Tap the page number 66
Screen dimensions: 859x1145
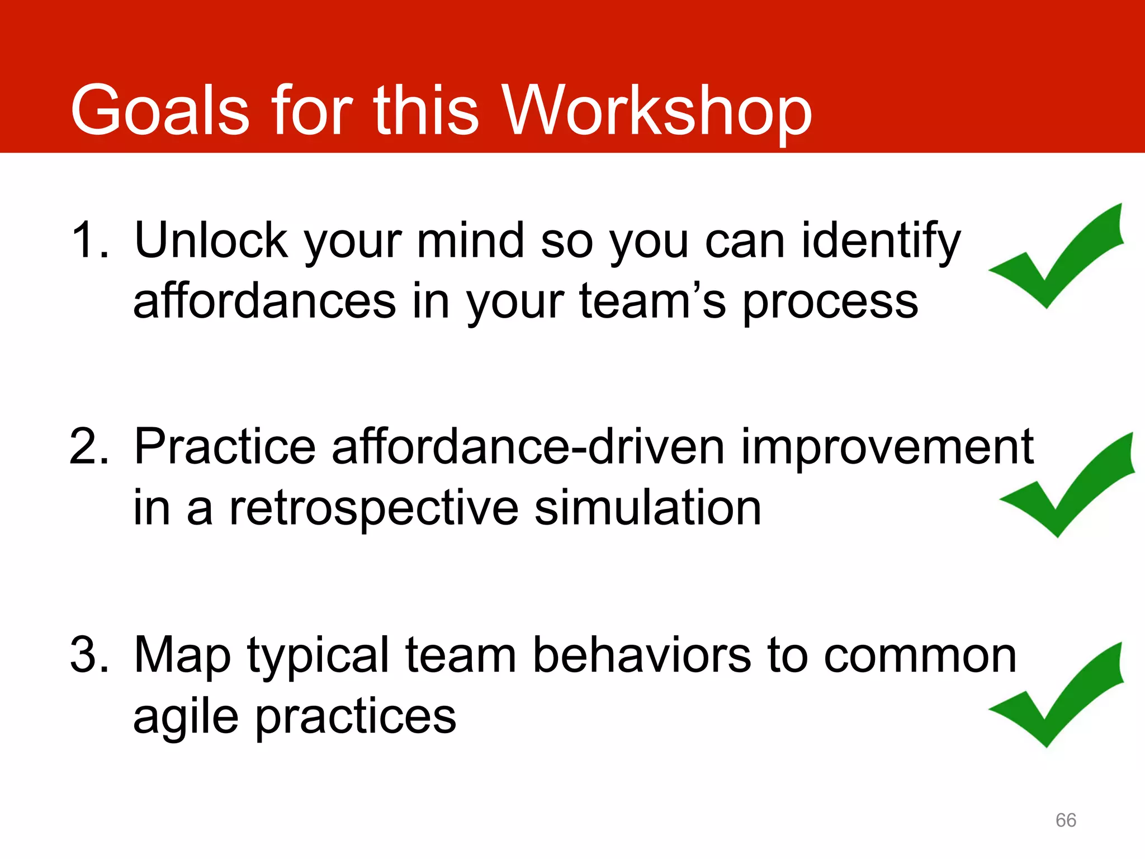coord(1066,820)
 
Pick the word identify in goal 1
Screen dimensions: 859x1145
coord(881,242)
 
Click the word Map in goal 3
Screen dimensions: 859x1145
coord(182,655)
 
